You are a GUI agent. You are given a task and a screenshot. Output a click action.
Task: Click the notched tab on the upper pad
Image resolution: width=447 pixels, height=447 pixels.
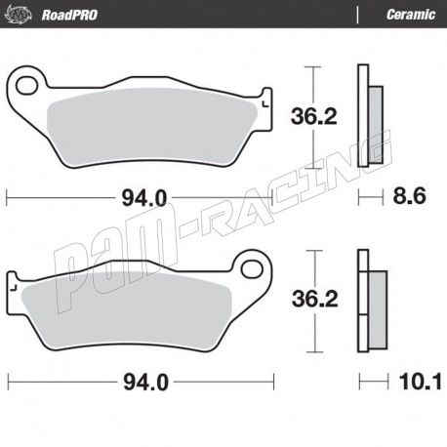pyautogui.click(x=264, y=97)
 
